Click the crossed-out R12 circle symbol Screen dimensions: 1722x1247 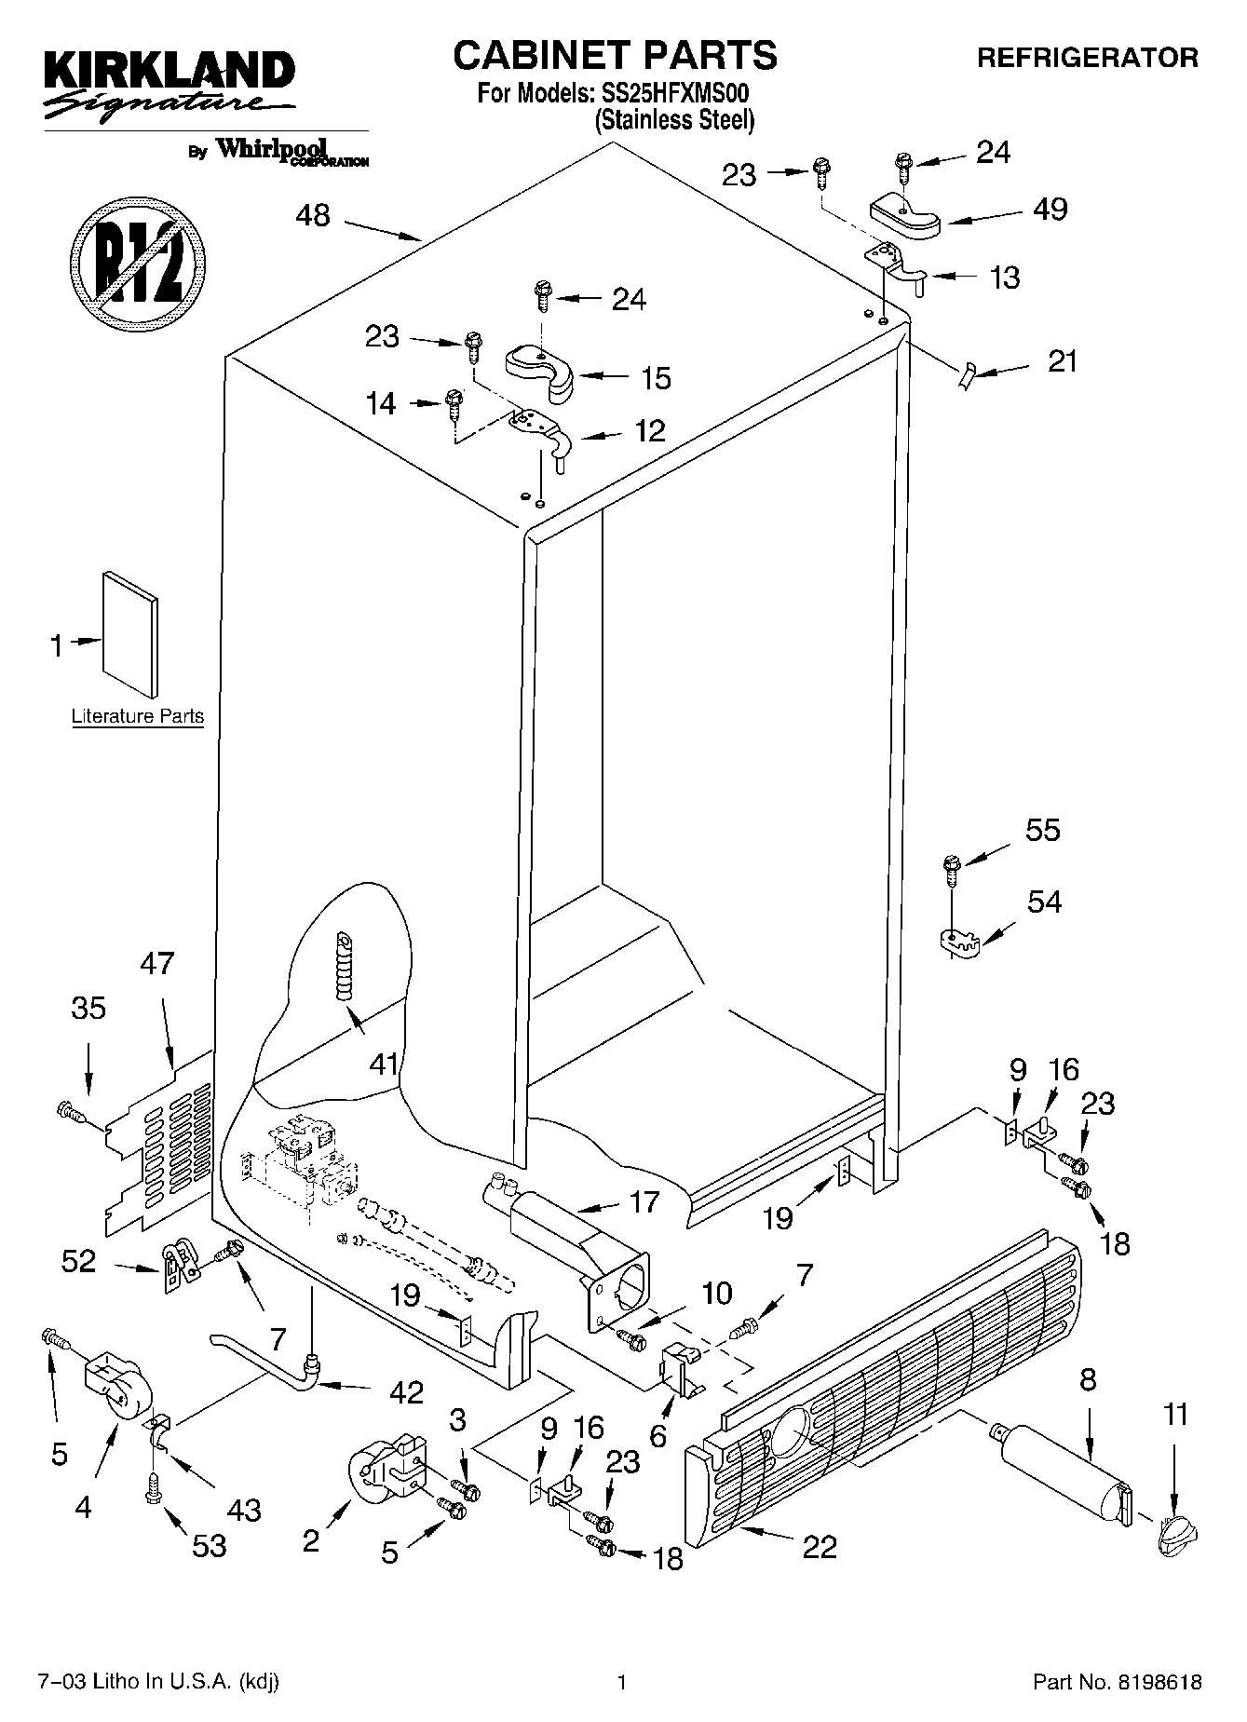click(138, 263)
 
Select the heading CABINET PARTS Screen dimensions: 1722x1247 click(615, 56)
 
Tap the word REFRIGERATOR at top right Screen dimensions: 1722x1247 click(1087, 58)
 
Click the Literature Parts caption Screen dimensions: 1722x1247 click(138, 716)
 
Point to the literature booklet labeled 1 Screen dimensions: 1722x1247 click(129, 633)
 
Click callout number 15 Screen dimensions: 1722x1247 click(656, 378)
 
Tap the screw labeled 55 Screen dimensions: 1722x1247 click(951, 870)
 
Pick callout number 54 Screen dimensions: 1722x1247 click(1044, 902)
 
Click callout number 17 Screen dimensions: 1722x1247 click(643, 1201)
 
